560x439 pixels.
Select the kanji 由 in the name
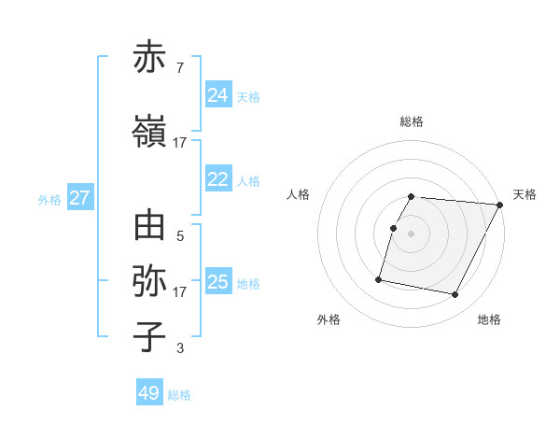(150, 227)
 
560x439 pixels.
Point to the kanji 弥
(150, 280)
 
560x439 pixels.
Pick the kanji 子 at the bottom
(150, 335)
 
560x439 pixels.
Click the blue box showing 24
(218, 95)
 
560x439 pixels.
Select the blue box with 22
(218, 179)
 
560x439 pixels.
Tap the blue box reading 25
(218, 282)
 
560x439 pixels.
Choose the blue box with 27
(80, 198)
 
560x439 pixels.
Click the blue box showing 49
(149, 393)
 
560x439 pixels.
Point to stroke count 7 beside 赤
(179, 68)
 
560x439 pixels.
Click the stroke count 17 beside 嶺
(179, 143)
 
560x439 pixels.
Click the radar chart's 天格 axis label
(525, 194)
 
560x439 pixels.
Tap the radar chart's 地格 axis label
(489, 319)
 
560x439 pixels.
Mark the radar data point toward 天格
(499, 205)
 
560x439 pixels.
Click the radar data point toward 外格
(379, 278)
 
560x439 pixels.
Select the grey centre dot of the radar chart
(411, 234)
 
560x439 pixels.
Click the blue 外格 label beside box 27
(49, 199)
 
